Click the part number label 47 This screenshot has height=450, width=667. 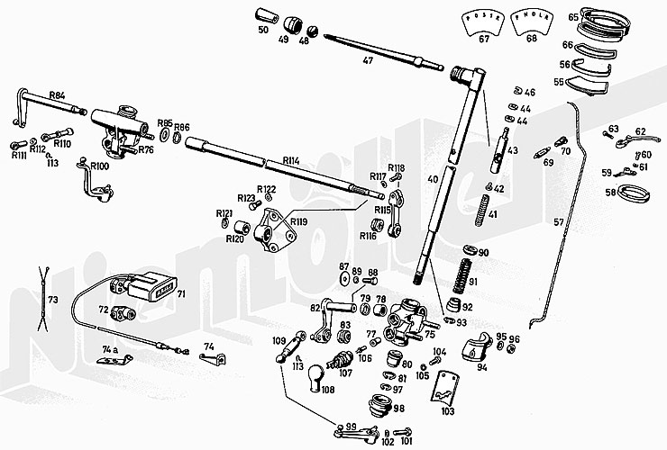(367, 61)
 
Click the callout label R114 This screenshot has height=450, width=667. (290, 160)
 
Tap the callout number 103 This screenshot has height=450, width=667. (447, 410)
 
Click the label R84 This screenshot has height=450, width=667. (57, 94)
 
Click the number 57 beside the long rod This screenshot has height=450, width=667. (560, 221)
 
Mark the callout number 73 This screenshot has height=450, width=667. (53, 299)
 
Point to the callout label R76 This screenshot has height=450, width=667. (146, 150)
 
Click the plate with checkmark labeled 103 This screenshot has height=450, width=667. (441, 387)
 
